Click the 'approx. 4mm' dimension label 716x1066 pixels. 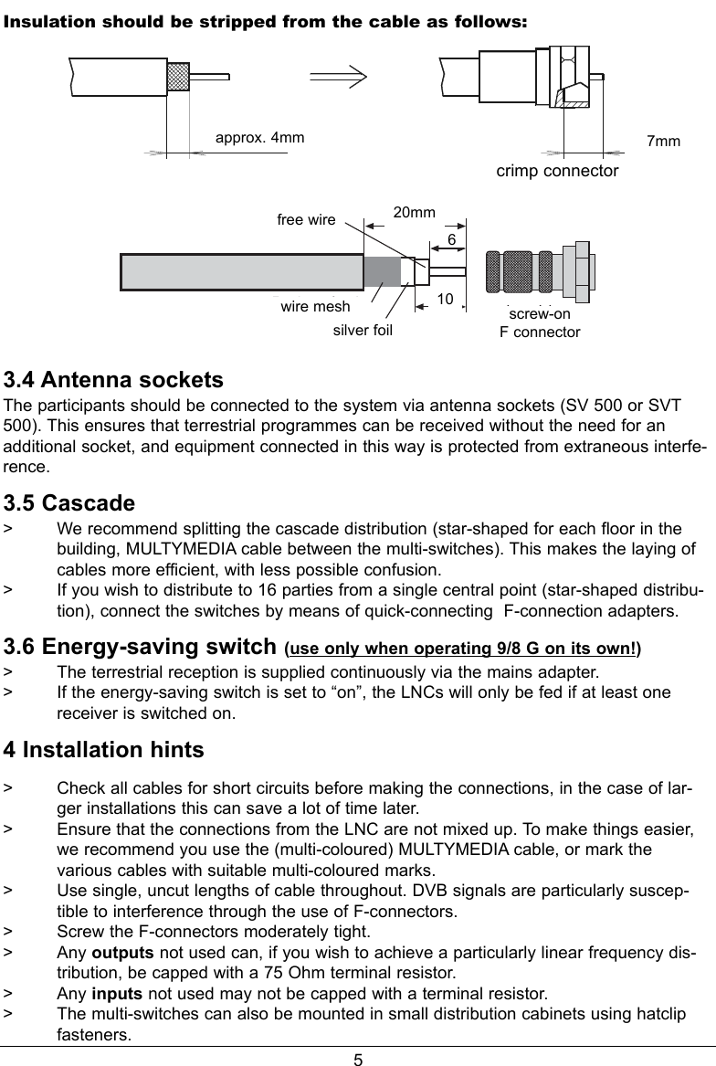pos(259,138)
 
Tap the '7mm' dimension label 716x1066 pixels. pos(663,142)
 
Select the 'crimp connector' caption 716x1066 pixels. pos(557,171)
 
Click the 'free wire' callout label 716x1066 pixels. pos(306,220)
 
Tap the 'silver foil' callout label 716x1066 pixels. pos(363,330)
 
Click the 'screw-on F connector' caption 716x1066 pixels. pos(539,323)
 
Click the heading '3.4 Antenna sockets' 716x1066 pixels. pos(114,379)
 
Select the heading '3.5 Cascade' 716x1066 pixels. pos(70,503)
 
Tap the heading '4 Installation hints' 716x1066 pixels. pos(104,750)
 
